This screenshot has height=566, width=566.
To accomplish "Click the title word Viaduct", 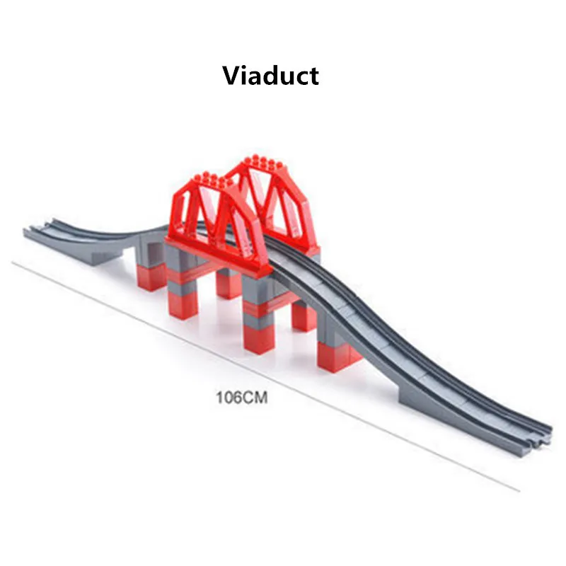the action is [271, 74].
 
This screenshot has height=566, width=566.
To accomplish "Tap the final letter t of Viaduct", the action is [313, 76].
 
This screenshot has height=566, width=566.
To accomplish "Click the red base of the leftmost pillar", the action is [151, 276].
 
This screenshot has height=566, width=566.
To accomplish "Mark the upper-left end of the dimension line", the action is [13, 262].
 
